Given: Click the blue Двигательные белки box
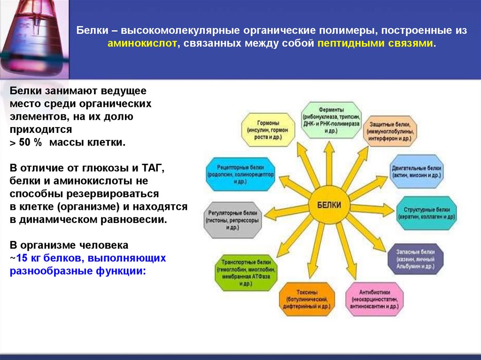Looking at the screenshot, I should [417, 171].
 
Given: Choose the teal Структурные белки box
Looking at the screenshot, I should [426, 213].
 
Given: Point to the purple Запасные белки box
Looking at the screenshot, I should [415, 259].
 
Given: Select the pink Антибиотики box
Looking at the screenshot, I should [374, 299].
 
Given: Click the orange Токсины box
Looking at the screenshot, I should [307, 299].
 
